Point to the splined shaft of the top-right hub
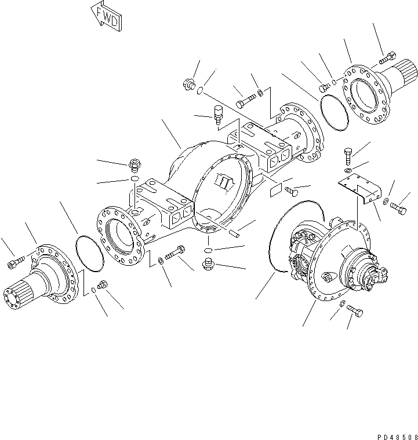408,75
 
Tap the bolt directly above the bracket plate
347,155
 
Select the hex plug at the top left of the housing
189,85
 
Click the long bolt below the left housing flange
176,254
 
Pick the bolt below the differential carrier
355,312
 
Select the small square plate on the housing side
275,189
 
